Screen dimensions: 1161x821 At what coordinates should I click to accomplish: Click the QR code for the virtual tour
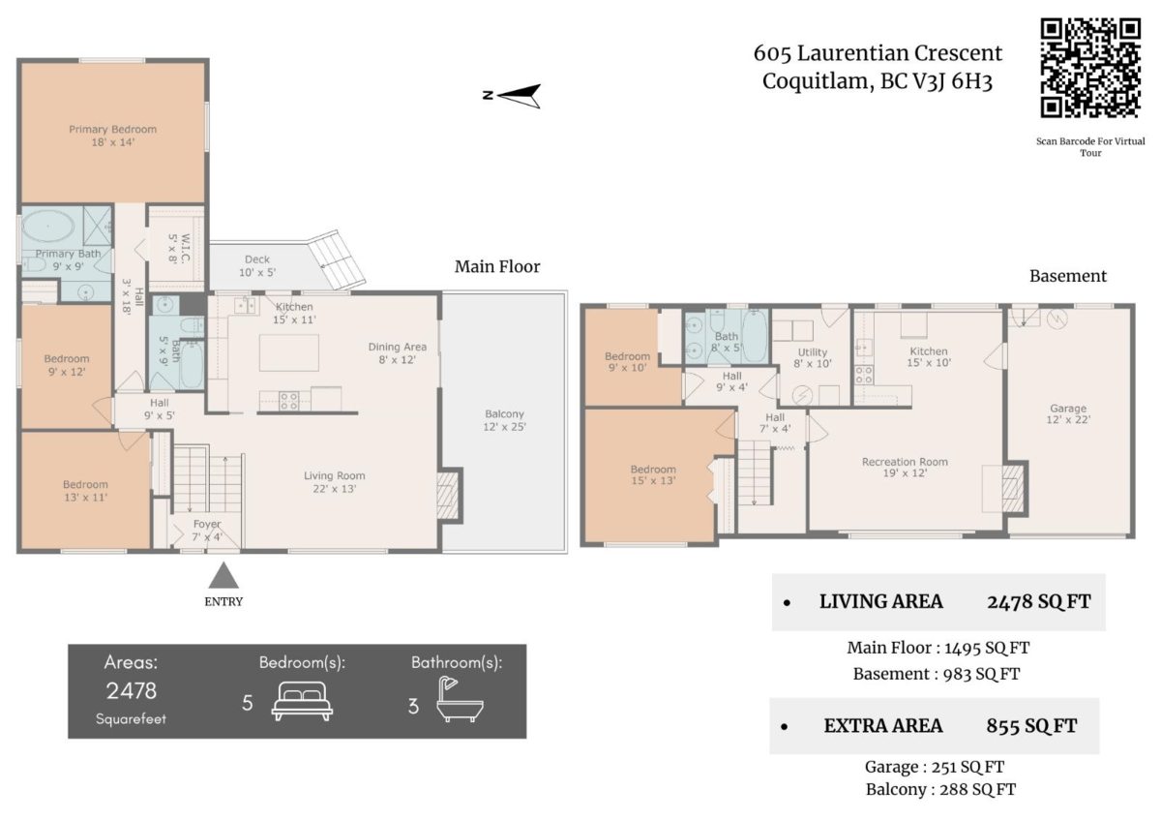click(x=1090, y=68)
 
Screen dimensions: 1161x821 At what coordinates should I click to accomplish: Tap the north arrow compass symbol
click(x=513, y=96)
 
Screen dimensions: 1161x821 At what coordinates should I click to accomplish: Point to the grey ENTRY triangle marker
click(x=223, y=575)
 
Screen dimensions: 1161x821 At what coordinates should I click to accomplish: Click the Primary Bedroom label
click(x=113, y=136)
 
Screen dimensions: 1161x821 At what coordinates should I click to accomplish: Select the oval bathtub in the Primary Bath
click(x=48, y=227)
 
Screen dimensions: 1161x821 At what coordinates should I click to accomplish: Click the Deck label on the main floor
click(x=257, y=265)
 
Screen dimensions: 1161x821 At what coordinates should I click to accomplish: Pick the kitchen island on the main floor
click(x=289, y=352)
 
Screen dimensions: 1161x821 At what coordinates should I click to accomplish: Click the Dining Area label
click(x=398, y=353)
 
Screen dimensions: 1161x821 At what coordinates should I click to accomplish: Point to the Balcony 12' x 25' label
click(x=504, y=420)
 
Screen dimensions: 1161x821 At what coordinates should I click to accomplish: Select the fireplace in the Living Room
click(x=448, y=496)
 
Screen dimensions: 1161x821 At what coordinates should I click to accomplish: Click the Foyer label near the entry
click(x=207, y=530)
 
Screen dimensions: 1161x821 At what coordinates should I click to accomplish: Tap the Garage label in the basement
click(x=1068, y=413)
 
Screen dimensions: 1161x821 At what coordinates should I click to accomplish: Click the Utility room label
click(x=812, y=358)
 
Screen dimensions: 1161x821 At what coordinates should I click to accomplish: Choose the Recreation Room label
click(x=905, y=468)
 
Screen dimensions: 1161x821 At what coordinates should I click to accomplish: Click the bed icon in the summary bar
click(x=302, y=700)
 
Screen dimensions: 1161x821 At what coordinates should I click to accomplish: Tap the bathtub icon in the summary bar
click(x=460, y=699)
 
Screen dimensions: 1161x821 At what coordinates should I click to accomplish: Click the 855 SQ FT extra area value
click(x=1031, y=725)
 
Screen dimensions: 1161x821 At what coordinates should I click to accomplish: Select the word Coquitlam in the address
click(x=818, y=81)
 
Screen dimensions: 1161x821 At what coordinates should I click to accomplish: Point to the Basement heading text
click(x=1068, y=276)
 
